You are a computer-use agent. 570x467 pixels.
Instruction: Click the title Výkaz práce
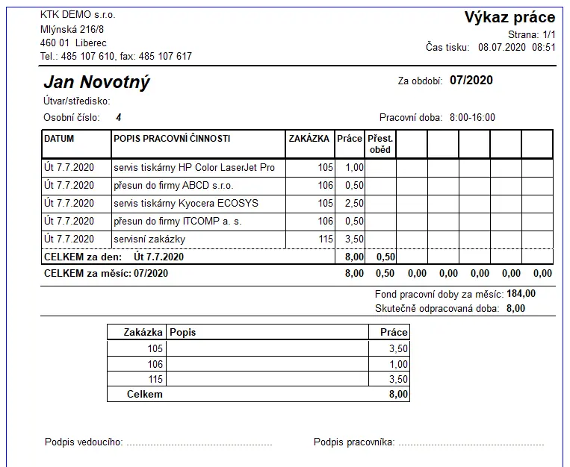pyautogui.click(x=509, y=17)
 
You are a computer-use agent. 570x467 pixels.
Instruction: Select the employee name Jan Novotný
pyautogui.click(x=96, y=82)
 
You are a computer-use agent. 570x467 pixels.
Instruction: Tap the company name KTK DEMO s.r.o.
pyautogui.click(x=78, y=15)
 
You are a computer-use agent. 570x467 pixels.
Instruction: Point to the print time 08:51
pyautogui.click(x=544, y=47)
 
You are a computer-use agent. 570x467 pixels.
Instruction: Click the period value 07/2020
pyautogui.click(x=471, y=81)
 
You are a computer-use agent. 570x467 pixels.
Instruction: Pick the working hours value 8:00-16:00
pyautogui.click(x=472, y=117)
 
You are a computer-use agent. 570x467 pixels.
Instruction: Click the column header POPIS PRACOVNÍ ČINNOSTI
pyautogui.click(x=172, y=139)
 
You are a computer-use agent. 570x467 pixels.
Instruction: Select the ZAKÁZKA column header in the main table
pyautogui.click(x=309, y=139)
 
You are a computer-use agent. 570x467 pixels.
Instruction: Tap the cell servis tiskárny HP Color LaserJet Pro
pyautogui.click(x=194, y=168)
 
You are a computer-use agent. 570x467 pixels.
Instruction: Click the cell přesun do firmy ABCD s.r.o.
pyautogui.click(x=173, y=186)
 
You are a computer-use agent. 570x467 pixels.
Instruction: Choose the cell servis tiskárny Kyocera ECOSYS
pyautogui.click(x=185, y=204)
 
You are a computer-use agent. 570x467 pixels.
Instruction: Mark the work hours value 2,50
pyautogui.click(x=353, y=204)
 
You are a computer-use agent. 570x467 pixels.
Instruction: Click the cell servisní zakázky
pyautogui.click(x=149, y=239)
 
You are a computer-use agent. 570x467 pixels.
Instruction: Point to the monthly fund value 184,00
pyautogui.click(x=521, y=294)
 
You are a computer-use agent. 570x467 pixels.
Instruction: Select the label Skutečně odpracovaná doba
pyautogui.click(x=438, y=307)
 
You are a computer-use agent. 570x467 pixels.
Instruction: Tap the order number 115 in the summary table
pyautogui.click(x=155, y=380)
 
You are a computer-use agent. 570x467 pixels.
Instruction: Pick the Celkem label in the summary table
pyautogui.click(x=145, y=394)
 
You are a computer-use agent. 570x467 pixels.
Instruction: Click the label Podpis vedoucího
pyautogui.click(x=83, y=442)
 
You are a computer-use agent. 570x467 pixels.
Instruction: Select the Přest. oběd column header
pyautogui.click(x=380, y=144)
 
